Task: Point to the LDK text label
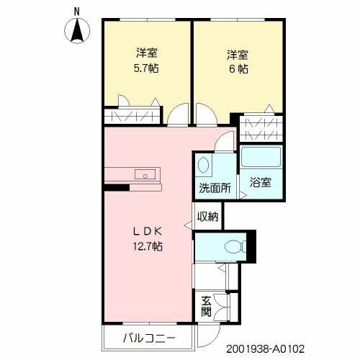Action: tap(147, 232)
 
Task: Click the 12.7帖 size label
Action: tap(147, 246)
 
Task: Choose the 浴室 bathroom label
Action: tap(261, 182)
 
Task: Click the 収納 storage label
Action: tap(208, 215)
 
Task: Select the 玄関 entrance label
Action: tap(206, 307)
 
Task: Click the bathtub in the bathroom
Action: tap(261, 158)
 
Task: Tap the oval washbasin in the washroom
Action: tap(204, 165)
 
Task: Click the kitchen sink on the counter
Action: tap(145, 174)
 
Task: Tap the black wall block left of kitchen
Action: tap(112, 189)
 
